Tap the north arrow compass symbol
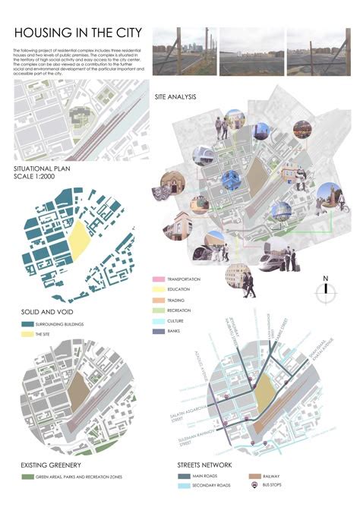coord(325,289)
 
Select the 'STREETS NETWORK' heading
coord(205,464)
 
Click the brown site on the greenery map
coord(78,392)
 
